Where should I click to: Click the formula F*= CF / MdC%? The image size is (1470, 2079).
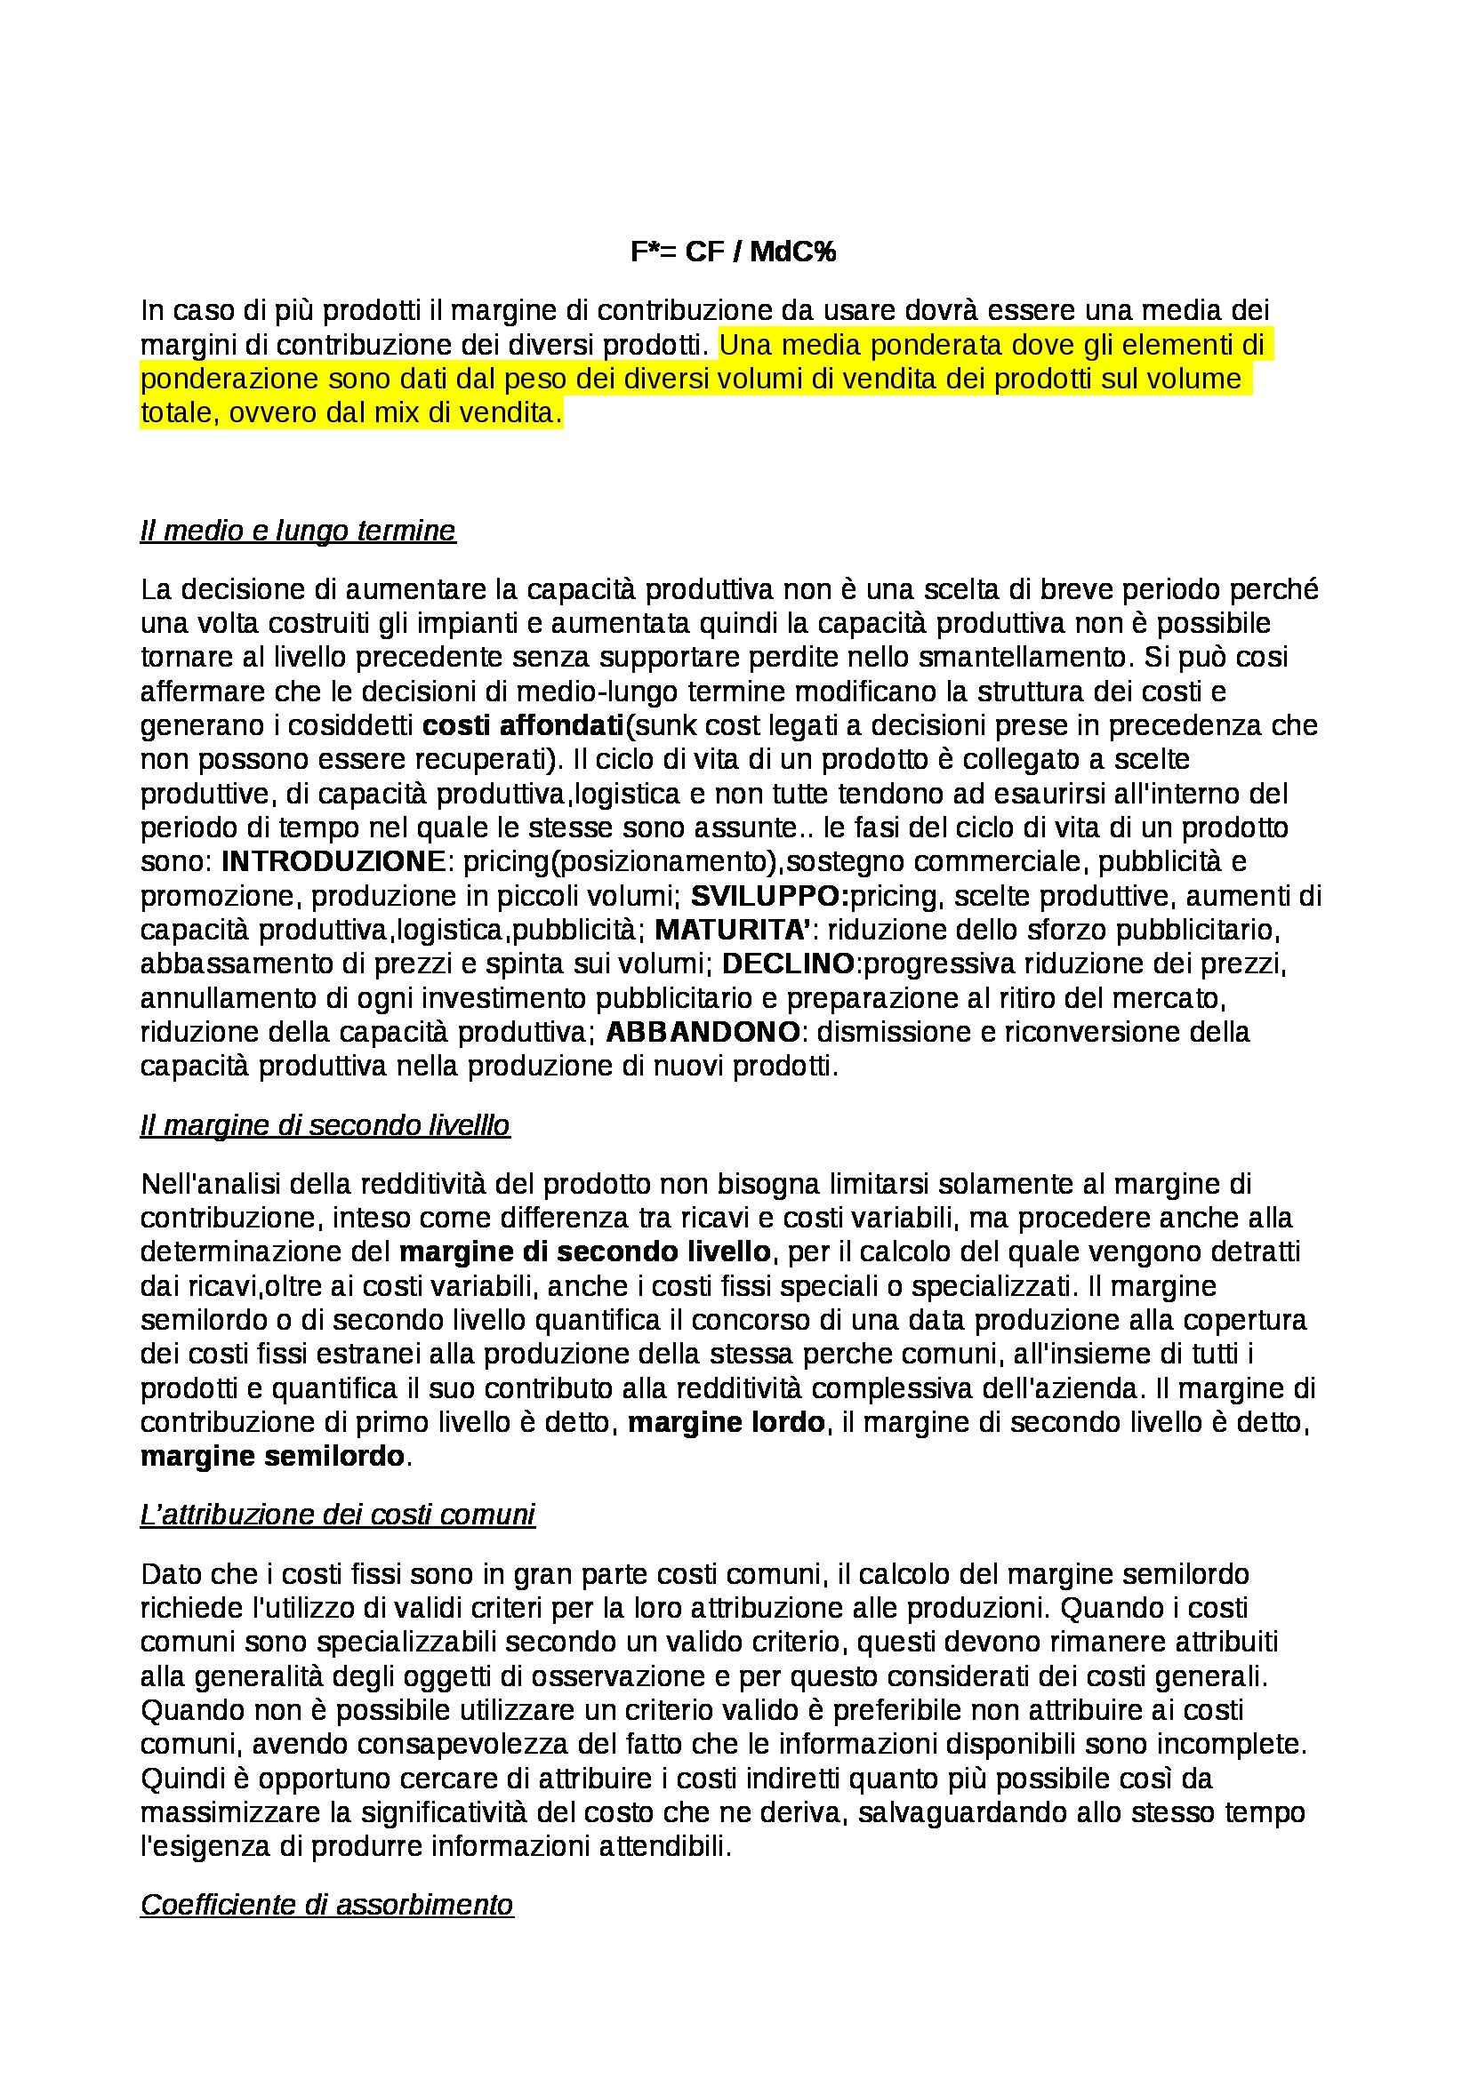click(x=734, y=252)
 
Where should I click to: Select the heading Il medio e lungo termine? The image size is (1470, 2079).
click(x=298, y=531)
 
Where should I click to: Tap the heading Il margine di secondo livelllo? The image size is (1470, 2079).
click(x=325, y=1125)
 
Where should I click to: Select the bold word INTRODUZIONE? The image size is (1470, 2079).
click(x=333, y=861)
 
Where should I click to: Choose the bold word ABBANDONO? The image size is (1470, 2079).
click(x=703, y=1032)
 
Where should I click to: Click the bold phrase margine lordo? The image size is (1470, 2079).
click(x=726, y=1422)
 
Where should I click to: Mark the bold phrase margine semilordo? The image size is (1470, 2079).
click(x=272, y=1457)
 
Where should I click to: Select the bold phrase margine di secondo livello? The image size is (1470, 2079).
click(x=585, y=1252)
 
